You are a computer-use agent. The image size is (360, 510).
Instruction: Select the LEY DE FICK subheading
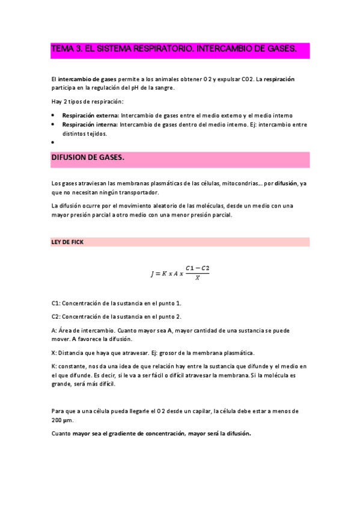[68, 242]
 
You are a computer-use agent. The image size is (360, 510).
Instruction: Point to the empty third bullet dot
[53, 143]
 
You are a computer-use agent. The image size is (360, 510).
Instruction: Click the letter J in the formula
[153, 274]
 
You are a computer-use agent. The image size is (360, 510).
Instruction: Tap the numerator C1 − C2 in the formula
[197, 267]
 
